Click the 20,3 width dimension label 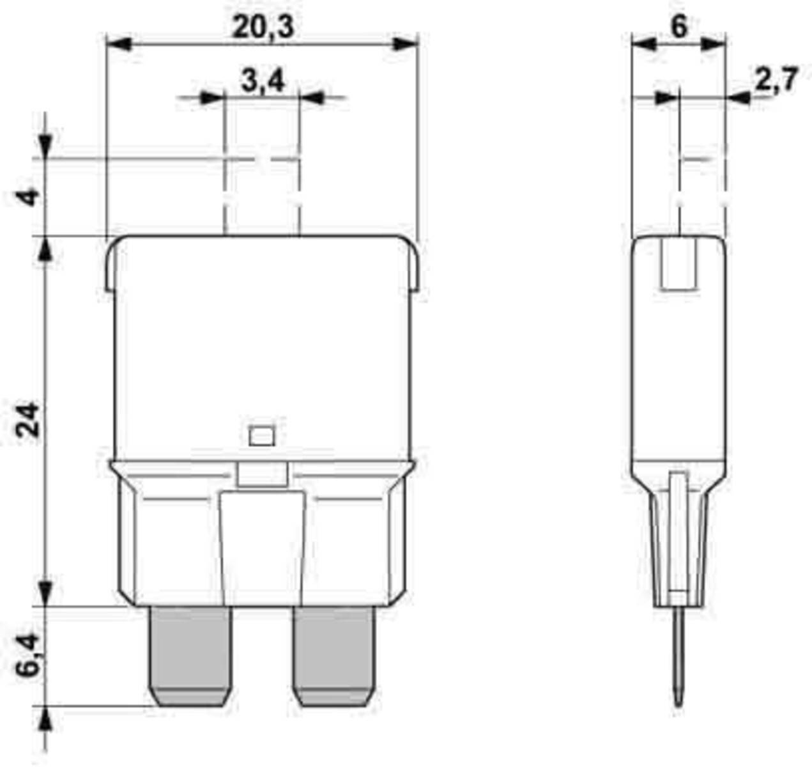[x=263, y=27]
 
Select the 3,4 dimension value [x=263, y=82]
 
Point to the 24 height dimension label [x=29, y=419]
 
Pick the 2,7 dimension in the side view [x=776, y=81]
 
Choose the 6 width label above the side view [x=678, y=27]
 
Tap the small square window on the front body [x=261, y=436]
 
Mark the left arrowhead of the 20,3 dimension [x=119, y=44]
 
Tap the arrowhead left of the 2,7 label [x=737, y=98]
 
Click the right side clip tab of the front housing [x=414, y=268]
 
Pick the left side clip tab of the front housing [x=110, y=268]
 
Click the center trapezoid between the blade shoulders [x=262, y=546]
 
